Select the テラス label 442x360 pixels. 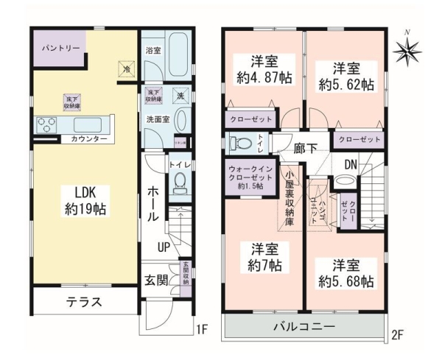click(x=84, y=302)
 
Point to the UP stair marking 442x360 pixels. click(x=164, y=248)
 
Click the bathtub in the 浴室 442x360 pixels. click(x=177, y=52)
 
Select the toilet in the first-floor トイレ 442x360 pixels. click(x=180, y=186)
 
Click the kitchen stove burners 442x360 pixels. click(x=43, y=124)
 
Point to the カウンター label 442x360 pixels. click(x=89, y=139)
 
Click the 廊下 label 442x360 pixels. click(x=304, y=148)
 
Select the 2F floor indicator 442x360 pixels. click(x=398, y=336)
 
